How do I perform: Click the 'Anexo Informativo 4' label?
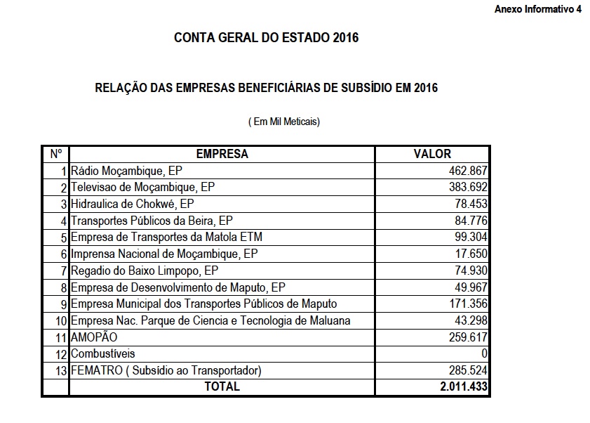coord(538,9)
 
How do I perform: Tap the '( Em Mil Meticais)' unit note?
coord(284,122)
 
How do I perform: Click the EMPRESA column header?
coord(222,154)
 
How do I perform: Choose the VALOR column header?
coord(433,154)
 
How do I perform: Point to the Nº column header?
coord(56,154)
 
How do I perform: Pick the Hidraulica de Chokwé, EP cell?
coord(123,204)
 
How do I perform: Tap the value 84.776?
coord(469,220)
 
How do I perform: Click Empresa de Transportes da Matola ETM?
coord(166,236)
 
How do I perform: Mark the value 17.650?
coord(469,253)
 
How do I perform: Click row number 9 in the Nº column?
coord(64,304)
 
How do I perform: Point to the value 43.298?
coord(469,320)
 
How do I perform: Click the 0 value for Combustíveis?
coord(484,353)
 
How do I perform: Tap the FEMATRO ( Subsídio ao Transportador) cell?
coord(166,370)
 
